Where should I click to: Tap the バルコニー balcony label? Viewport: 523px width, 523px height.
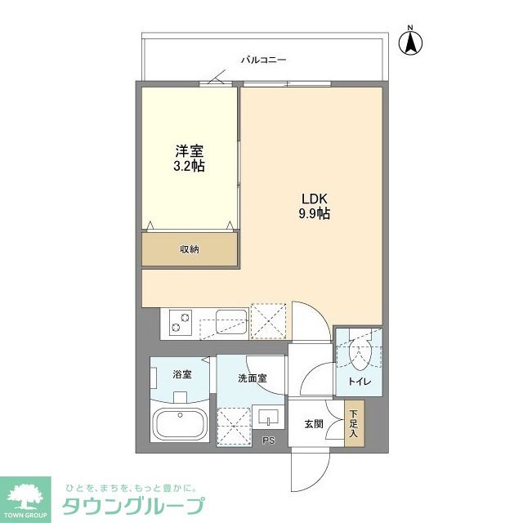(263, 60)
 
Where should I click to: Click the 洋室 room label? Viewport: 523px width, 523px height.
(189, 151)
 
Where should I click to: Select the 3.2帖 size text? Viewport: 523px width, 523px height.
(189, 166)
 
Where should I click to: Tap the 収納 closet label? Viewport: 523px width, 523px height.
(190, 249)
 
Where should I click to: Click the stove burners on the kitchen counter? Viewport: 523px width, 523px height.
(180, 322)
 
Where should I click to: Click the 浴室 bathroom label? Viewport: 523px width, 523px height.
(181, 374)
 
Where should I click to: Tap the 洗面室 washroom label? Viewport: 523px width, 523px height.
(252, 378)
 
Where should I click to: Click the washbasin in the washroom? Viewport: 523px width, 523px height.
(268, 418)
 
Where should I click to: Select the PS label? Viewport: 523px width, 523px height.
(268, 441)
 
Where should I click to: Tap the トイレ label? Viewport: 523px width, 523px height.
(360, 381)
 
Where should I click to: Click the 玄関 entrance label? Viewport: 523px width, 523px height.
(315, 423)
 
